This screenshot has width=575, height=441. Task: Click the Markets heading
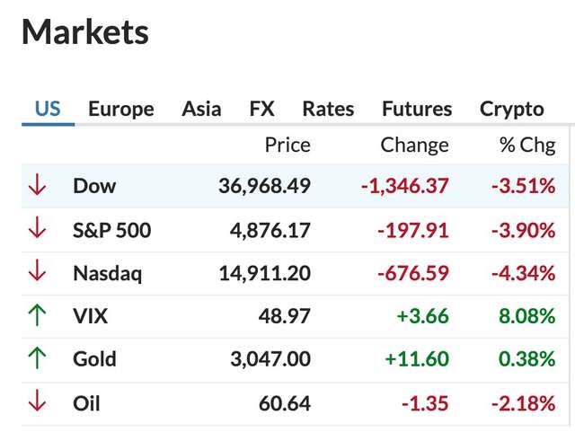pyautogui.click(x=85, y=33)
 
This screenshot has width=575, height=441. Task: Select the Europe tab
pyautogui.click(x=120, y=110)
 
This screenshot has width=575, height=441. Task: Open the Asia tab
pyautogui.click(x=201, y=110)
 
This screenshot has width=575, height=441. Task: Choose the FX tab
pyautogui.click(x=261, y=110)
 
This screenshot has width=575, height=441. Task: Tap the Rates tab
pyautogui.click(x=328, y=110)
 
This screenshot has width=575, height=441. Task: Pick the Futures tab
pyautogui.click(x=417, y=110)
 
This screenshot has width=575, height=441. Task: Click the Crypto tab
pyautogui.click(x=512, y=110)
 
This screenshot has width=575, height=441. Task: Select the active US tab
pyautogui.click(x=48, y=110)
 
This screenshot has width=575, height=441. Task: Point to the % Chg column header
pyautogui.click(x=527, y=145)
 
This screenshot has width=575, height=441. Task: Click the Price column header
pyautogui.click(x=287, y=145)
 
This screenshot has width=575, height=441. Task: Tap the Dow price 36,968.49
pyautogui.click(x=264, y=187)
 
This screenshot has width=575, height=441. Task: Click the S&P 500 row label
pyautogui.click(x=111, y=230)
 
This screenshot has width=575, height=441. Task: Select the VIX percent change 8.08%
pyautogui.click(x=527, y=316)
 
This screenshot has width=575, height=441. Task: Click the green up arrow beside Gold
pyautogui.click(x=37, y=359)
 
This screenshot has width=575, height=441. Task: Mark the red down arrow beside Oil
pyautogui.click(x=37, y=402)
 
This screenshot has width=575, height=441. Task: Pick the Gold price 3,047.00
pyautogui.click(x=270, y=359)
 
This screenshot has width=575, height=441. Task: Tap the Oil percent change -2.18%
pyautogui.click(x=523, y=403)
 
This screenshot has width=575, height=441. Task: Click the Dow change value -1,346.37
pyautogui.click(x=404, y=187)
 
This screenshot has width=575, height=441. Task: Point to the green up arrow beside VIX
pyautogui.click(x=37, y=316)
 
